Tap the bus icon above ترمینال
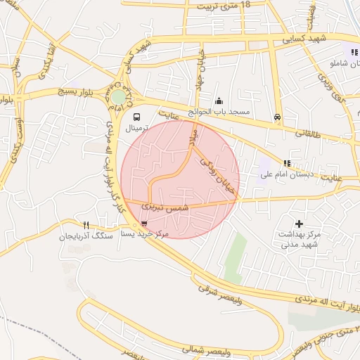136,117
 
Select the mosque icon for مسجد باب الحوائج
219,101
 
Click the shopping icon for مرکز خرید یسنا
145,224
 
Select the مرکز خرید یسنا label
145,233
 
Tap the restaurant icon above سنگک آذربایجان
86,226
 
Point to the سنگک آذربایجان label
86,237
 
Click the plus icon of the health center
299,223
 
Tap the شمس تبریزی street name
166,207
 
